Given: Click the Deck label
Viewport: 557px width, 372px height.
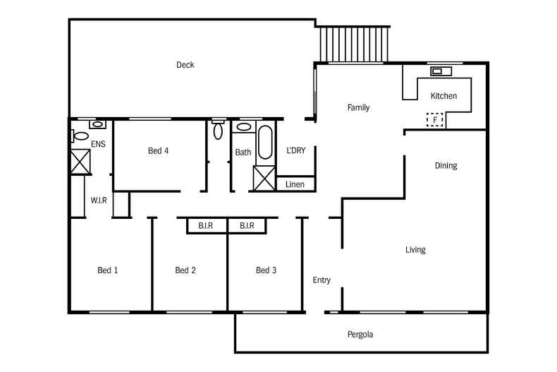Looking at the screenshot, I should point(185,65).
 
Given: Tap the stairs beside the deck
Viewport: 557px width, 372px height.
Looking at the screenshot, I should point(355,45).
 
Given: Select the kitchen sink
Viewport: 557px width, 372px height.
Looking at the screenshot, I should point(441,71).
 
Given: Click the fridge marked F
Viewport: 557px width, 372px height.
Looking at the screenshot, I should point(435,120).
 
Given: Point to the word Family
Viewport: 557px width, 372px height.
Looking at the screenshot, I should point(358,108).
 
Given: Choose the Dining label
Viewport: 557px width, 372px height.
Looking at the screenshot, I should point(446,166).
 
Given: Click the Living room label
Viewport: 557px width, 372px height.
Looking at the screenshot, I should point(415,250).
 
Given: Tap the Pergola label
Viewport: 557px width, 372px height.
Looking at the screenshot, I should point(360,334).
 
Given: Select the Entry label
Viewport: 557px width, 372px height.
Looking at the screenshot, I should point(322,280).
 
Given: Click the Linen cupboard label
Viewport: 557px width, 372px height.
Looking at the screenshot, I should point(295,184).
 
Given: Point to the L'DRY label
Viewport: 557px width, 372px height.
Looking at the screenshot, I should point(295,150).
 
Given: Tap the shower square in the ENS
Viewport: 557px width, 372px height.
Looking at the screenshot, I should point(80,162).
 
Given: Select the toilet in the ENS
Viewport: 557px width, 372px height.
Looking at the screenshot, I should point(80,136).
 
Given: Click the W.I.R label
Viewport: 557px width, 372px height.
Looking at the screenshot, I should point(99,200).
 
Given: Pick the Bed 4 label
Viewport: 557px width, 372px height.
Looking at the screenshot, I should point(158,150).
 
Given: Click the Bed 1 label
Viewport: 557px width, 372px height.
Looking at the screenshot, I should point(107,270).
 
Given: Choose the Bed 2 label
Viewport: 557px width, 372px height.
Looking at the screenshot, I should point(185,270).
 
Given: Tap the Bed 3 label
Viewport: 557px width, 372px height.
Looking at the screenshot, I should point(266,270).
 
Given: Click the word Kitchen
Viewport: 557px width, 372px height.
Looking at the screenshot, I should point(443,96).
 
